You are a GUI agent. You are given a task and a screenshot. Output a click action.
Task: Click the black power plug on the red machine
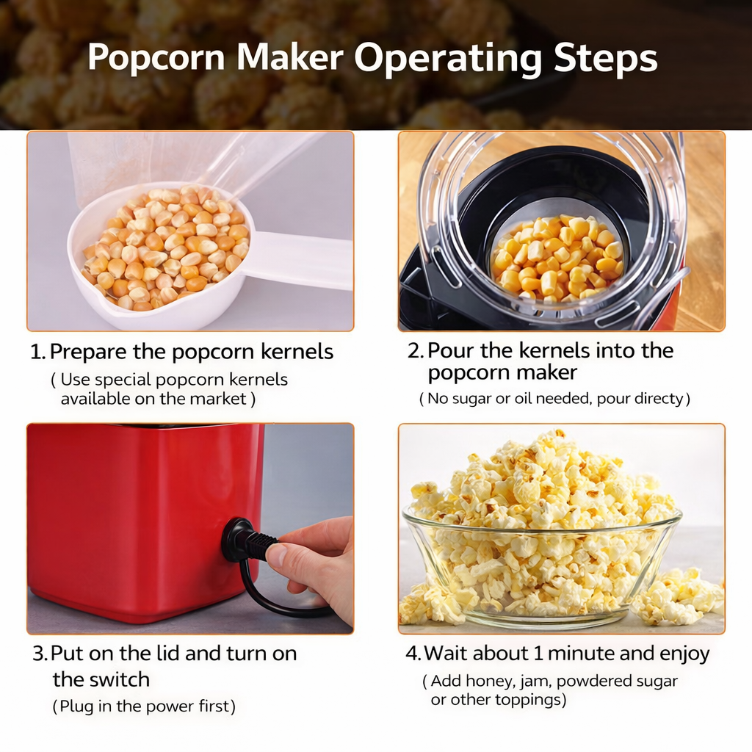(246, 542)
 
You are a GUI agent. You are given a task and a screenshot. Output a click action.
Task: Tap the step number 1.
(36, 352)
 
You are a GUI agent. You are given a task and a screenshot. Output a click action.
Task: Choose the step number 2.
(414, 351)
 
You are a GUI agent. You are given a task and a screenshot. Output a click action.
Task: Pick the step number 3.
(39, 654)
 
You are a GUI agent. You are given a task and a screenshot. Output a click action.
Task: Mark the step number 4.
(412, 654)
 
